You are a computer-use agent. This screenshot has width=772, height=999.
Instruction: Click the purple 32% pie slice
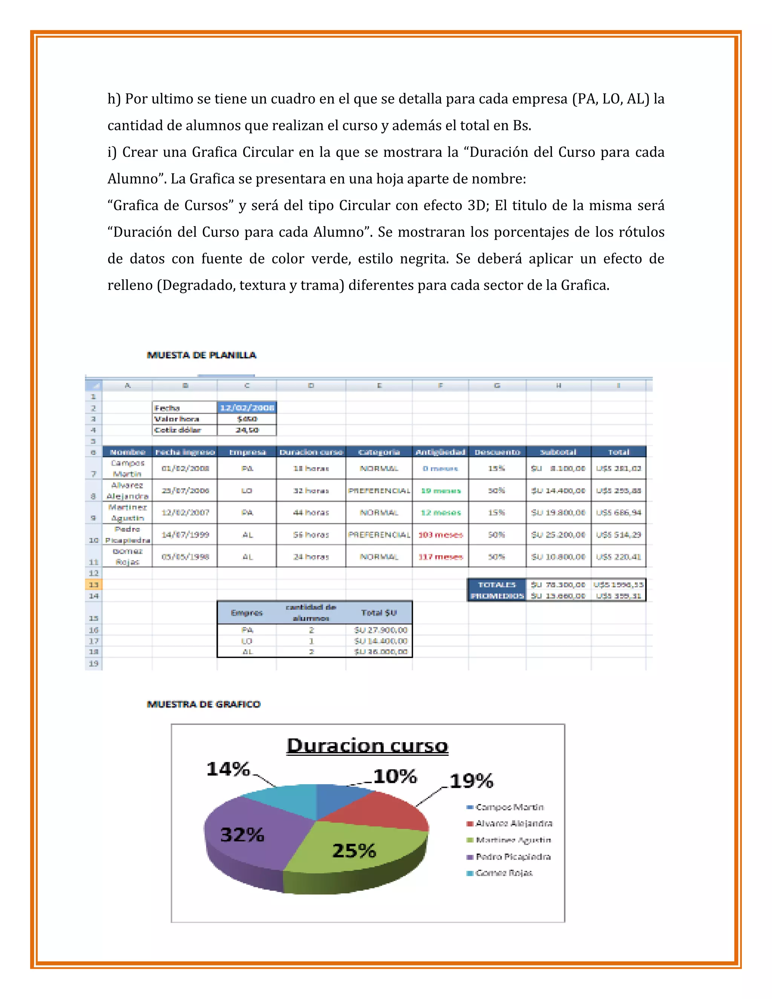click(x=249, y=837)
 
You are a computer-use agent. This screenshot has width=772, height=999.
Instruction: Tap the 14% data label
click(x=228, y=769)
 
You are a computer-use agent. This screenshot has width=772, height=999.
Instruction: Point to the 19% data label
click(x=471, y=781)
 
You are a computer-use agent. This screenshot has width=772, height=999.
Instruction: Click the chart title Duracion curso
click(x=367, y=746)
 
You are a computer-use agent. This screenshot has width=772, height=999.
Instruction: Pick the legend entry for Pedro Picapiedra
click(x=513, y=857)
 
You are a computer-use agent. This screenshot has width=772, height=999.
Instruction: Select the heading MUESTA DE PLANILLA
click(x=202, y=355)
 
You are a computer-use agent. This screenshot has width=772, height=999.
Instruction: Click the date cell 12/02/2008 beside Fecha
click(x=247, y=408)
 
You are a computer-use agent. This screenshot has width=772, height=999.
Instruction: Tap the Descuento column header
click(x=497, y=452)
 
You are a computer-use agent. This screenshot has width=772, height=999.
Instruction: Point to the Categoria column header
click(x=379, y=452)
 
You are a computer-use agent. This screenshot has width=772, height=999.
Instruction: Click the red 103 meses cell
click(x=440, y=535)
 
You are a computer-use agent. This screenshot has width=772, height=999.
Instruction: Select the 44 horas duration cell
click(x=311, y=513)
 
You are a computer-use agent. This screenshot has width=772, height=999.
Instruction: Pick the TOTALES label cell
click(x=497, y=585)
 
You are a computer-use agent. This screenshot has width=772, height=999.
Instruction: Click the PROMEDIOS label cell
click(x=497, y=596)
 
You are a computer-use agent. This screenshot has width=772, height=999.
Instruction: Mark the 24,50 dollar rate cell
click(x=247, y=430)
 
